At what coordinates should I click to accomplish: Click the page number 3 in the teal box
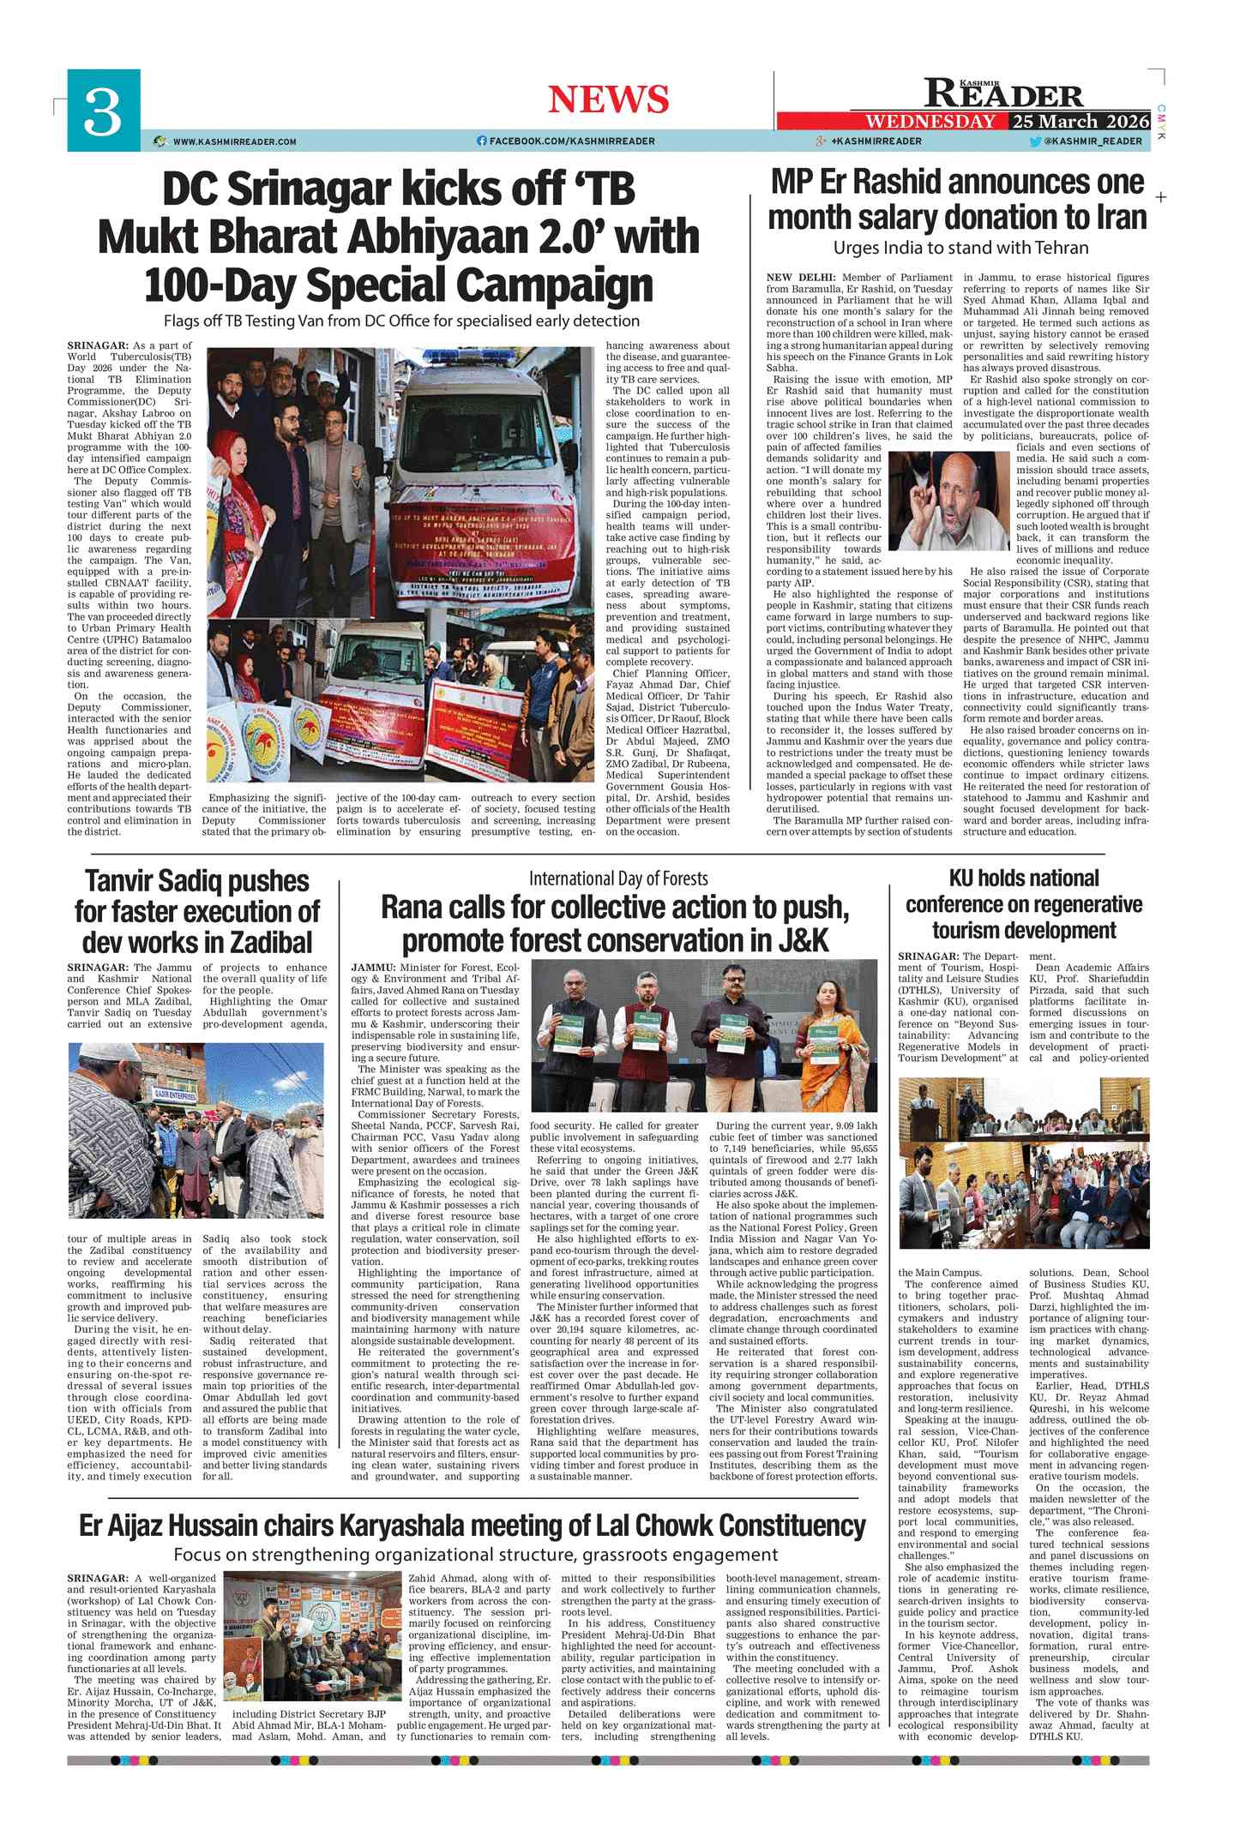pyautogui.click(x=103, y=111)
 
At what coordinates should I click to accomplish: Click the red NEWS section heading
pyautogui.click(x=608, y=99)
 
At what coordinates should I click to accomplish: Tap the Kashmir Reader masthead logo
pyautogui.click(x=1003, y=93)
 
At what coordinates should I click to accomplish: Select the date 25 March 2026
pyautogui.click(x=1080, y=121)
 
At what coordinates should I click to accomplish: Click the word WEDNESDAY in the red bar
pyautogui.click(x=930, y=121)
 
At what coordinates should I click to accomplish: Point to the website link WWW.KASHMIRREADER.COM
pyautogui.click(x=233, y=141)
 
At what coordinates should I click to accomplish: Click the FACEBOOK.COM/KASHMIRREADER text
pyautogui.click(x=571, y=141)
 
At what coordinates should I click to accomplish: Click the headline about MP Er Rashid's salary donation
pyautogui.click(x=957, y=199)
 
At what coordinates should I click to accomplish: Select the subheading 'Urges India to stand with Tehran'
pyautogui.click(x=960, y=248)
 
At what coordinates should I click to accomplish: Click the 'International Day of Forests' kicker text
pyautogui.click(x=617, y=879)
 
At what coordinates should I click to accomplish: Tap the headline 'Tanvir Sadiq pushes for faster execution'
pyautogui.click(x=197, y=911)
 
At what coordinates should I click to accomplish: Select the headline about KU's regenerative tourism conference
pyautogui.click(x=1024, y=903)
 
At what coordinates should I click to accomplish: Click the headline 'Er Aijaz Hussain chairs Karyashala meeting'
pyautogui.click(x=473, y=1525)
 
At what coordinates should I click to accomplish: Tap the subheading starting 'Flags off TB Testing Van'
pyautogui.click(x=402, y=321)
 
